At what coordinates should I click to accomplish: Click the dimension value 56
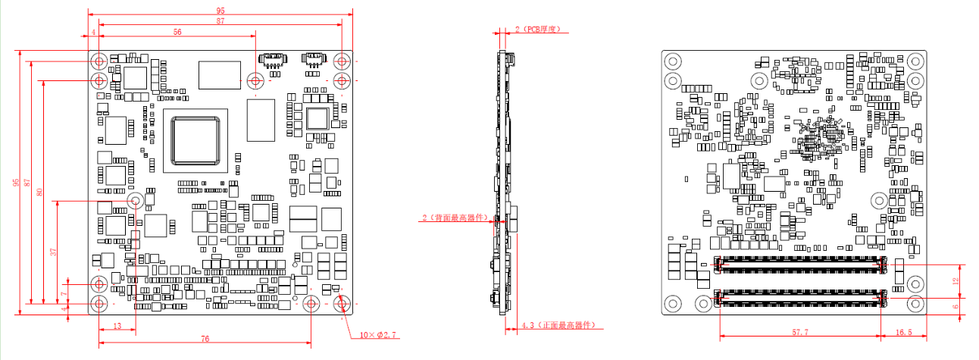[177, 32]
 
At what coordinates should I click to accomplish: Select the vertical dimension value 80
[39, 192]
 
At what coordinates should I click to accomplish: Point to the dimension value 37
[53, 252]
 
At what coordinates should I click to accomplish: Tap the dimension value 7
[64, 294]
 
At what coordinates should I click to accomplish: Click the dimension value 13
[117, 326]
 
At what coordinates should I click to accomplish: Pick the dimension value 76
[205, 339]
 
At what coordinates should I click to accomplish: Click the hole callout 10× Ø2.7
[377, 335]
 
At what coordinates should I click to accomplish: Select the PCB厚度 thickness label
[537, 30]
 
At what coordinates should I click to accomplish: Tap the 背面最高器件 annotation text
[455, 218]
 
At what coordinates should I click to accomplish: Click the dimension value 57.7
[800, 332]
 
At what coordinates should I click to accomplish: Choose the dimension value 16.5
[904, 332]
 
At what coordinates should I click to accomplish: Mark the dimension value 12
[956, 281]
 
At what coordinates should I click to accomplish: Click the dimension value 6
[956, 307]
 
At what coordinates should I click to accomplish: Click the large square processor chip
[195, 141]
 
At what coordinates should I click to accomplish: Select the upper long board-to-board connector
[800, 265]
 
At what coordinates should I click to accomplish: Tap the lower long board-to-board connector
[800, 298]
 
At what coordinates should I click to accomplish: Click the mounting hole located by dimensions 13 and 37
[136, 201]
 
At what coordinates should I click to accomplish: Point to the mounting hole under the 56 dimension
[255, 80]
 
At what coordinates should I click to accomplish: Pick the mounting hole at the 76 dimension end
[311, 303]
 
